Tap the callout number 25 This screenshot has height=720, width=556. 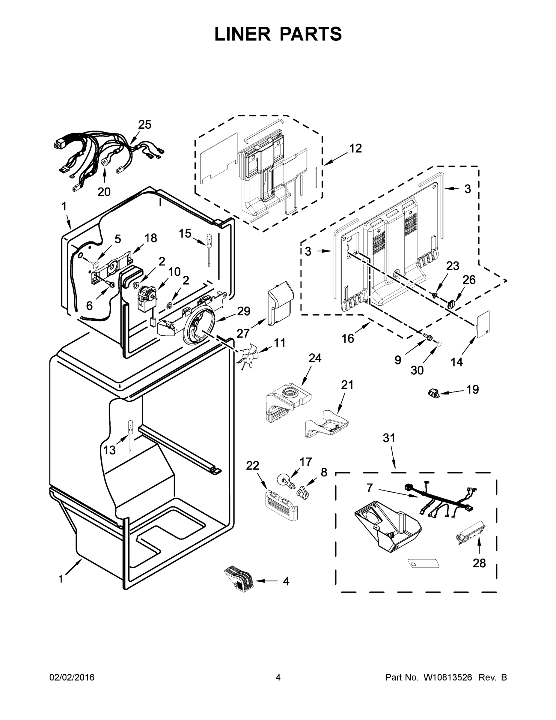coord(144,124)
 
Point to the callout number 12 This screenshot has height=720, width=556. coord(355,148)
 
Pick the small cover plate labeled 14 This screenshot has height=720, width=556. coord(483,324)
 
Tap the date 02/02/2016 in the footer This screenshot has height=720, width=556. coord(72,677)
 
